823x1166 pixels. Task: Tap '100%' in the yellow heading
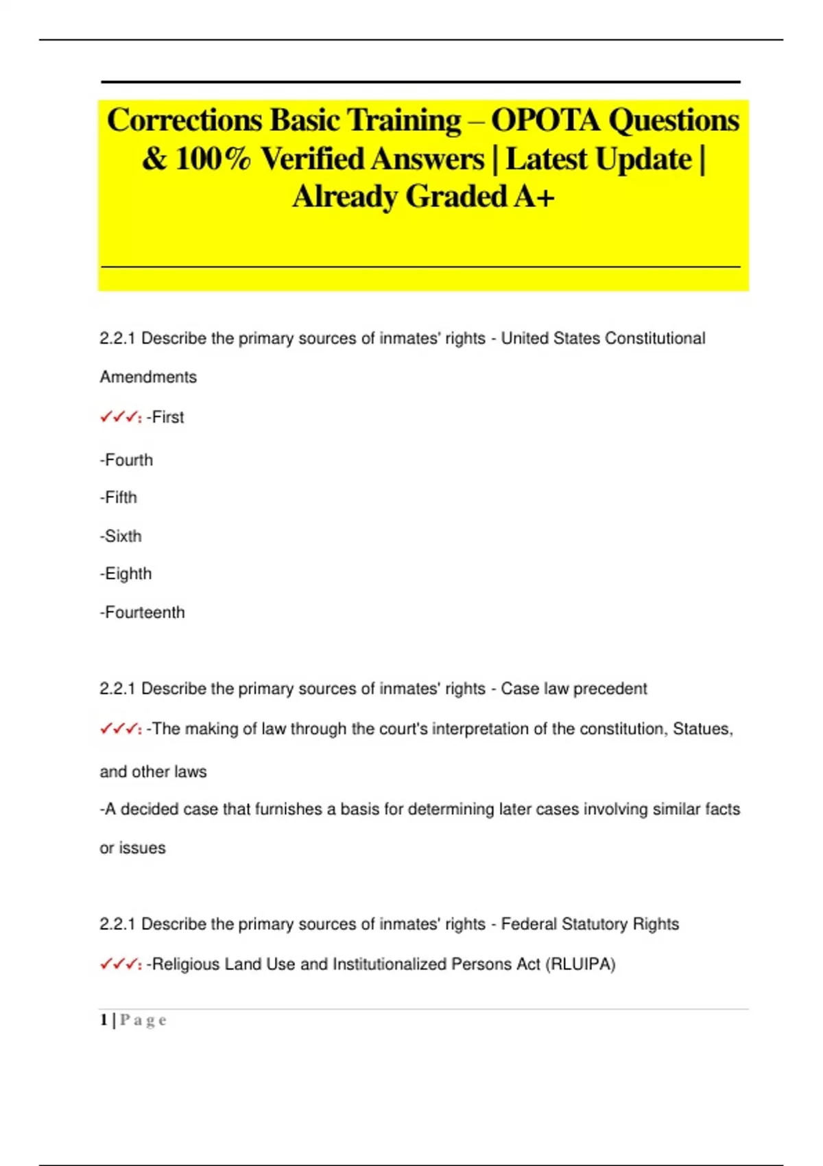(x=213, y=159)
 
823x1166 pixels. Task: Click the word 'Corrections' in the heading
(x=184, y=121)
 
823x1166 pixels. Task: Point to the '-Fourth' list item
(x=126, y=460)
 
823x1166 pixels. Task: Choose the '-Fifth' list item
(x=119, y=497)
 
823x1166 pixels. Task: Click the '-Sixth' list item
(x=121, y=536)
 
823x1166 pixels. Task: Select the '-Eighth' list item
(x=126, y=573)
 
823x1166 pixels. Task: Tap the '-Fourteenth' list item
(x=142, y=612)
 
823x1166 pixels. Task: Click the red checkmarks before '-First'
(x=120, y=417)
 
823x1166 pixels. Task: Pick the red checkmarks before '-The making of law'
(x=120, y=729)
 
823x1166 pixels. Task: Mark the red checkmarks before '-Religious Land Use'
(x=120, y=964)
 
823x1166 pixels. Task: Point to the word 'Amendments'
(x=148, y=377)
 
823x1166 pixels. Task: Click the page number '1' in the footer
(x=104, y=1020)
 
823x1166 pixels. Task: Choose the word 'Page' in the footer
(x=143, y=1021)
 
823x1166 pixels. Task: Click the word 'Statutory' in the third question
(x=594, y=924)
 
